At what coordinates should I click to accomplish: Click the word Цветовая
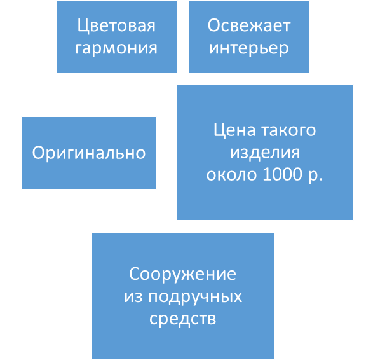[116, 26]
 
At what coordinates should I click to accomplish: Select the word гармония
[116, 48]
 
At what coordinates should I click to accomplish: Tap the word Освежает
[249, 25]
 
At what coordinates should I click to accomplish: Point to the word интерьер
[249, 48]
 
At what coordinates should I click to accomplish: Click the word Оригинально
[89, 153]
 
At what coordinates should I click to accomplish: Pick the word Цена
[234, 131]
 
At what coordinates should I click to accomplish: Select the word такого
[288, 130]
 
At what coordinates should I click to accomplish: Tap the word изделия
[265, 153]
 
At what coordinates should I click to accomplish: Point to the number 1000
[283, 174]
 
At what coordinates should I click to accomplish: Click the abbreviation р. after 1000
[315, 176]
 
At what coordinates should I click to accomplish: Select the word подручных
[195, 296]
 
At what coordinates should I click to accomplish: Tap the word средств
[183, 319]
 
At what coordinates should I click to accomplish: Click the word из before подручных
[133, 297]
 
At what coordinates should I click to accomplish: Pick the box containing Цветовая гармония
[117, 36]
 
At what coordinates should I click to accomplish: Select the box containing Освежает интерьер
[249, 36]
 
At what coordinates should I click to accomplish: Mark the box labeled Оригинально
[89, 153]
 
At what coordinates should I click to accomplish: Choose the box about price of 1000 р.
[265, 152]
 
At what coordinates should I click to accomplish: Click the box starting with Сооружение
[183, 296]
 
